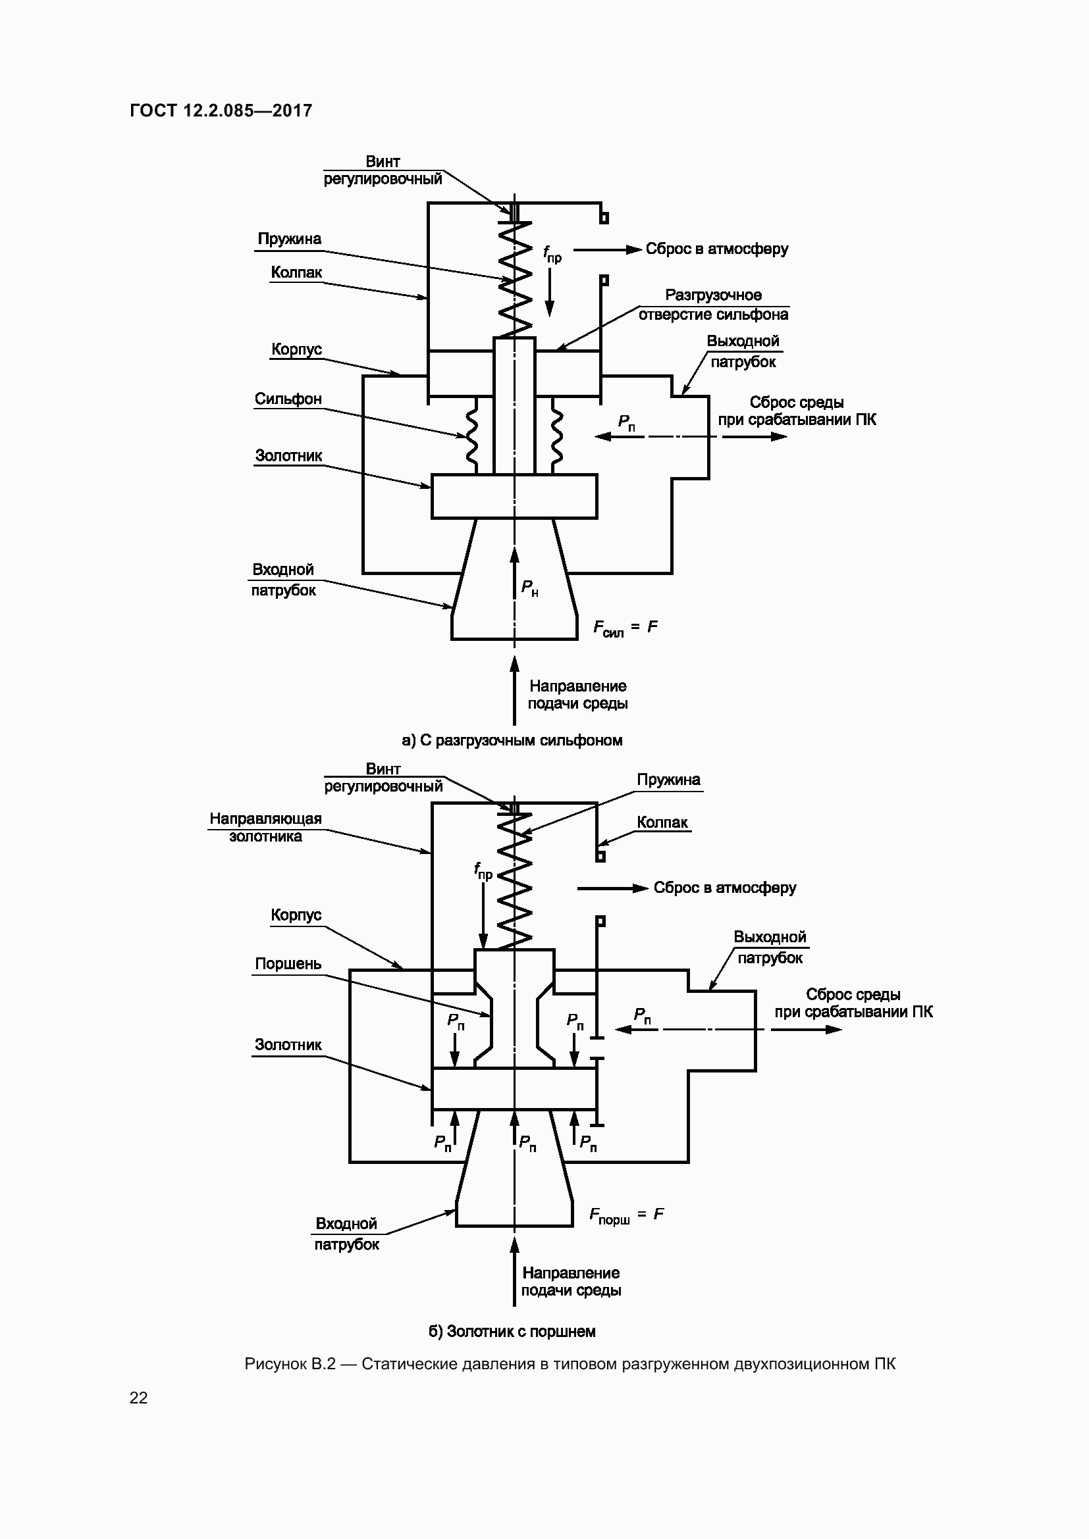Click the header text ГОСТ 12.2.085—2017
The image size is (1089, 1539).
pos(221,111)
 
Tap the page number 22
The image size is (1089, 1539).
pos(138,1398)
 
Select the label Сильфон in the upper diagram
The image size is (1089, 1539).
pos(288,399)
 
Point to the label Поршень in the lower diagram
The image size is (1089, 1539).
pos(288,964)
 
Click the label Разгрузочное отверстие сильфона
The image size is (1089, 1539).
pos(713,305)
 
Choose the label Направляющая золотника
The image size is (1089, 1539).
pos(265,827)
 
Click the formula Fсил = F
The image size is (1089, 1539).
pos(625,628)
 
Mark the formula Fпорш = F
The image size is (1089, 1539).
pos(626,1215)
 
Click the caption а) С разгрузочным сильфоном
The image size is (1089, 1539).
pos(512,740)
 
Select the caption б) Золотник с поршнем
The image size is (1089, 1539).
pos(512,1331)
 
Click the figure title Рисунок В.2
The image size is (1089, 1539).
pos(570,1364)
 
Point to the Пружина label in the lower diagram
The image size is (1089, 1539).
pos(668,780)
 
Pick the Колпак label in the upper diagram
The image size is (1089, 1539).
pos(296,272)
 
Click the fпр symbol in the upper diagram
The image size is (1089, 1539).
pos(552,253)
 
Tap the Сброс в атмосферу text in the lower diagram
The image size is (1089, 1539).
pos(724,888)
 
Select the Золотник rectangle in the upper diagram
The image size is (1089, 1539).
pos(514,497)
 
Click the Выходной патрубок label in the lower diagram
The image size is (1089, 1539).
pos(769,947)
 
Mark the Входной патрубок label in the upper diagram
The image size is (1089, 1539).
pos(283,580)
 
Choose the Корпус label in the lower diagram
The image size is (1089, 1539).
pos(296,915)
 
